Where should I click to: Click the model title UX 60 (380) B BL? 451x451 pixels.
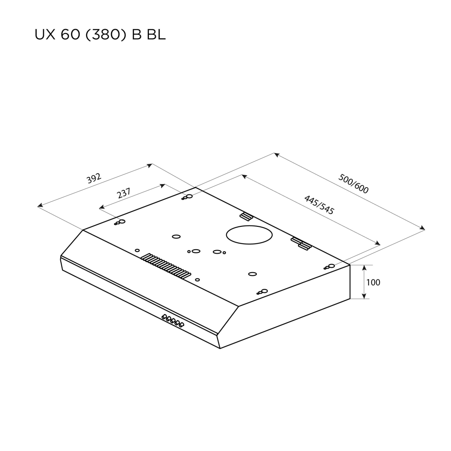pyautogui.click(x=100, y=35)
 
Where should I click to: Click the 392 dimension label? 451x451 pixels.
pyautogui.click(x=94, y=178)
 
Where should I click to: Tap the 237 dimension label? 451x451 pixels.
pyautogui.click(x=124, y=194)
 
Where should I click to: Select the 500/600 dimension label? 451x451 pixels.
pyautogui.click(x=354, y=183)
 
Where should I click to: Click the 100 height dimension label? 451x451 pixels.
pyautogui.click(x=373, y=282)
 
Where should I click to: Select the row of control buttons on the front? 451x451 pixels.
pyautogui.click(x=172, y=321)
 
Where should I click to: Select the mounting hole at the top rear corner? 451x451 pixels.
pyautogui.click(x=188, y=197)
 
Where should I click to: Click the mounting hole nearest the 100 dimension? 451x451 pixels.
pyautogui.click(x=329, y=266)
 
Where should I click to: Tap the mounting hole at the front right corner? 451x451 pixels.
pyautogui.click(x=263, y=291)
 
